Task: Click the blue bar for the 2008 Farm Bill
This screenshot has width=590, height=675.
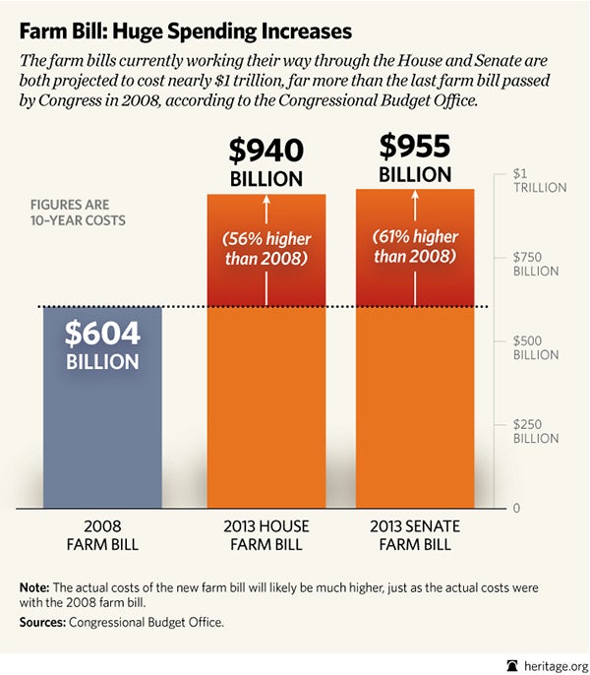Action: coord(102,433)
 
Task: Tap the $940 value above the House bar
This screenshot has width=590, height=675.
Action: coord(265,151)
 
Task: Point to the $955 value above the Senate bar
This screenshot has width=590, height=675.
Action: coord(415,147)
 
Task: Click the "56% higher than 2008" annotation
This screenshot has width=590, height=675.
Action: coord(265,249)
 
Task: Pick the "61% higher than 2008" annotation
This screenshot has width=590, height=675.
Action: coord(415,246)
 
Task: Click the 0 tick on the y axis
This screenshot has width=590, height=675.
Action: coord(516,508)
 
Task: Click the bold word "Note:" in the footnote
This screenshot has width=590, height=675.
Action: coord(35,587)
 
